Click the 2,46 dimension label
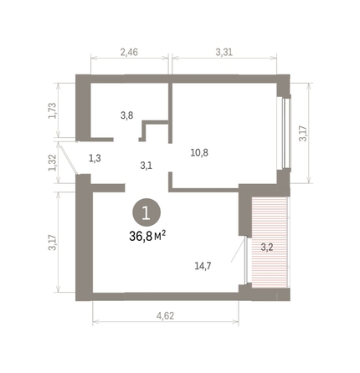(128, 51)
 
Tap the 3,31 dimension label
(224, 51)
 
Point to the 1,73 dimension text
(52, 110)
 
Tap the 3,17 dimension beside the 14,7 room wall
(52, 243)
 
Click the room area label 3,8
(126, 115)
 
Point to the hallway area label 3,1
(146, 165)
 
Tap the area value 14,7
(201, 266)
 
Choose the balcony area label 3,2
(267, 247)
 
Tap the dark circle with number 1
(147, 214)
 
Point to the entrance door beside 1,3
(81, 158)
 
